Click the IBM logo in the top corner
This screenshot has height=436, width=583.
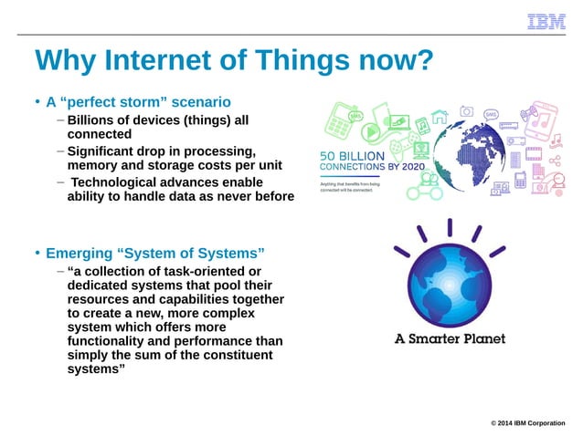point(546,22)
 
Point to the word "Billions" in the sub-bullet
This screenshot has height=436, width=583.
point(95,120)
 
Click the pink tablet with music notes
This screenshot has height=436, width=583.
point(545,118)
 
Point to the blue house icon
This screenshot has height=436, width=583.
point(440,117)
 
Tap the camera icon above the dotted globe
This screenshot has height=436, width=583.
point(467,110)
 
